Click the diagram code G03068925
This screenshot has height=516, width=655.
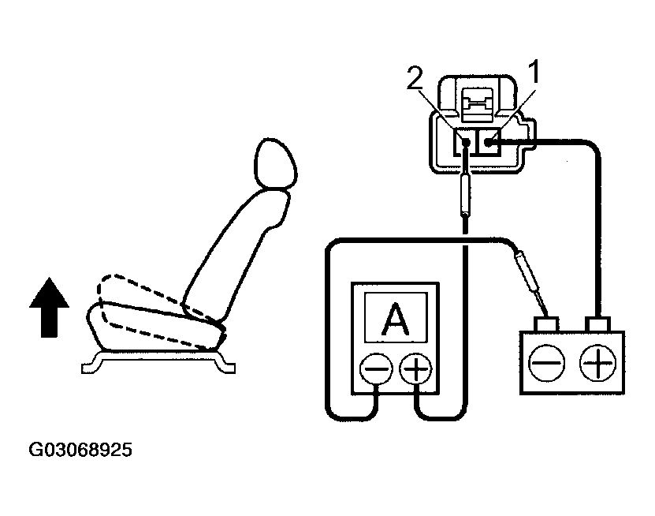click(x=80, y=451)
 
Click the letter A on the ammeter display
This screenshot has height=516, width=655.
click(x=394, y=320)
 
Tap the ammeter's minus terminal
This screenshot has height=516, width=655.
click(x=374, y=368)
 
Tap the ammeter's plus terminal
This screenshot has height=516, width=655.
click(x=415, y=368)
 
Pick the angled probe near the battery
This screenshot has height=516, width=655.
click(x=527, y=271)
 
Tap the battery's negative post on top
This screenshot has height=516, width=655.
click(x=547, y=323)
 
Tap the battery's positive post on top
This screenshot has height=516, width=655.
click(x=598, y=323)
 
